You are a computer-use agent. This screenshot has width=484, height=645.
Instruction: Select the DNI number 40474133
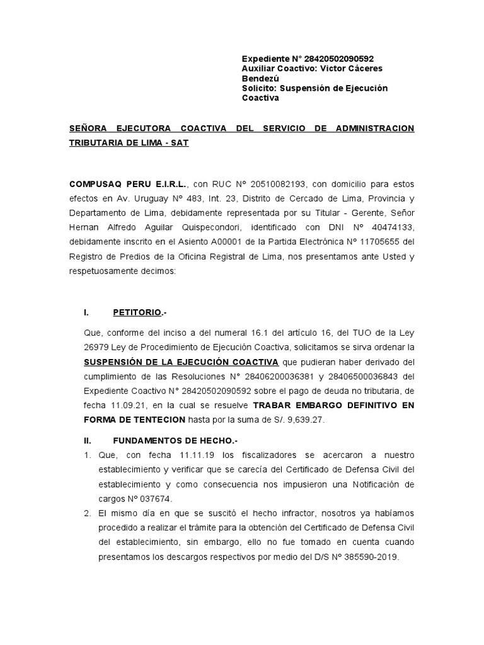[x=388, y=227]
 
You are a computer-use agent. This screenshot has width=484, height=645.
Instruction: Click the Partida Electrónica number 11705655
[x=374, y=242]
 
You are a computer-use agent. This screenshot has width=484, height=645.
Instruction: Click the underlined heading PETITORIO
[x=138, y=312]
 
